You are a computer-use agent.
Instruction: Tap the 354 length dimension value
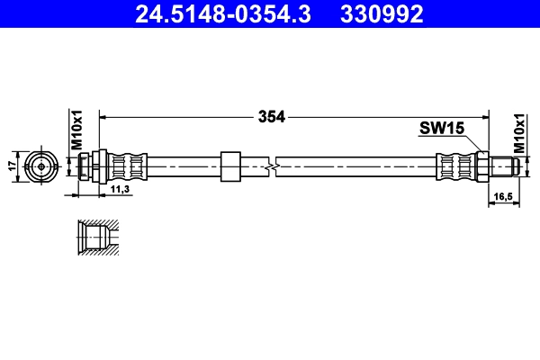[271, 116]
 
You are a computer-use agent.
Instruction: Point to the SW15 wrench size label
[441, 129]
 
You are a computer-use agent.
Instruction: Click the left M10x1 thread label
[77, 129]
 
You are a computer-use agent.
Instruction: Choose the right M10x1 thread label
[519, 132]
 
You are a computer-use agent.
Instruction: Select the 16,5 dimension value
[502, 194]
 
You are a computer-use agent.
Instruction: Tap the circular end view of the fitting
[40, 166]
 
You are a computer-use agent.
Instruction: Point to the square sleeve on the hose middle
[230, 166]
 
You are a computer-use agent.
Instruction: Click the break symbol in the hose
[272, 166]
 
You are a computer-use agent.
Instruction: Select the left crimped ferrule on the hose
[127, 166]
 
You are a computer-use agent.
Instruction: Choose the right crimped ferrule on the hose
[455, 166]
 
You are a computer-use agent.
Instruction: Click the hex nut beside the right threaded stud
[482, 166]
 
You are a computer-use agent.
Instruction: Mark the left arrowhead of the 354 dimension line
[103, 116]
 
